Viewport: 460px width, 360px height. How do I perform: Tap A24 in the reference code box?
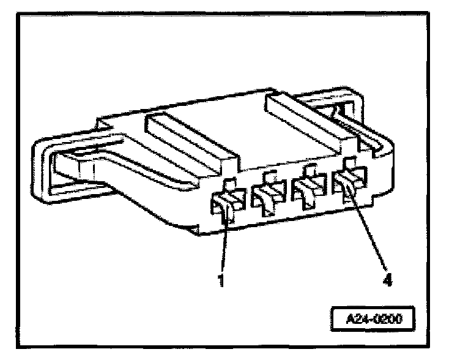coord(361,318)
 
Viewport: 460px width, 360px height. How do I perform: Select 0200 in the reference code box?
coord(390,318)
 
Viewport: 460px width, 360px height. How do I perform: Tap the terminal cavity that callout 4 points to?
coord(347,184)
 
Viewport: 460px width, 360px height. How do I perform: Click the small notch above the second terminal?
coord(267,176)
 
